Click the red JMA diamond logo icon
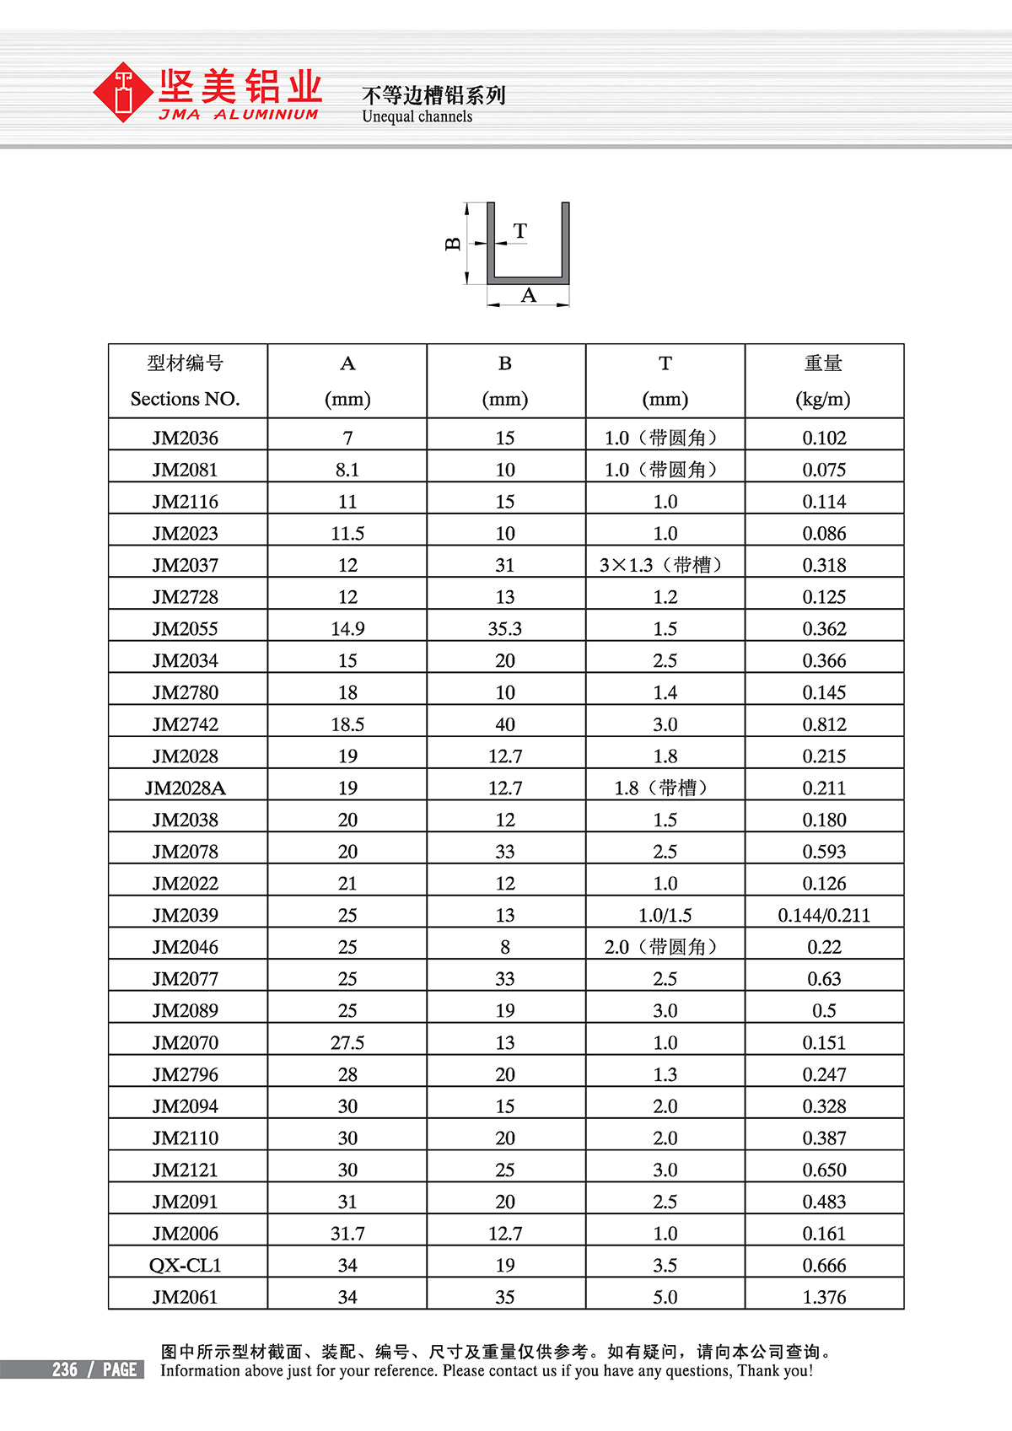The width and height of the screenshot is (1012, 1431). [124, 92]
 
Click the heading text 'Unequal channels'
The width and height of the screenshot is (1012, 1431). [417, 116]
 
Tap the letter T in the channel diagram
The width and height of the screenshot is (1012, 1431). [520, 230]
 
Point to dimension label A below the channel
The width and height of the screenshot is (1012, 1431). [529, 295]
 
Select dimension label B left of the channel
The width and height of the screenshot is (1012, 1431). [453, 244]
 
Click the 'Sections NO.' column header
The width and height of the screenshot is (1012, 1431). [186, 399]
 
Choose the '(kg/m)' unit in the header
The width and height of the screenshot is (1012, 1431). [823, 399]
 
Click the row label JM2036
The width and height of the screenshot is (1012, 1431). [186, 438]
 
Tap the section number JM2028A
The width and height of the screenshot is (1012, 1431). [186, 788]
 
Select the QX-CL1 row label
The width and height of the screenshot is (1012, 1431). [186, 1266]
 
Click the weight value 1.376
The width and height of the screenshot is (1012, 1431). [824, 1298]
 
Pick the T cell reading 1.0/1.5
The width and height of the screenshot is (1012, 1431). [665, 916]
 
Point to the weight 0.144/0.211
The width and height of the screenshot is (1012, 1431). [824, 916]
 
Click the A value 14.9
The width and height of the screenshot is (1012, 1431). [347, 629]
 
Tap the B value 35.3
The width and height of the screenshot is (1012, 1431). [505, 629]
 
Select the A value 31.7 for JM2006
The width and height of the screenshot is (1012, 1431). [347, 1234]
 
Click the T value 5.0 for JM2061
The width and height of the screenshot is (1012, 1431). [665, 1298]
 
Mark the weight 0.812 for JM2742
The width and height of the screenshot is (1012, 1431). [824, 724]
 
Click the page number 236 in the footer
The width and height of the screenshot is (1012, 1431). [65, 1369]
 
